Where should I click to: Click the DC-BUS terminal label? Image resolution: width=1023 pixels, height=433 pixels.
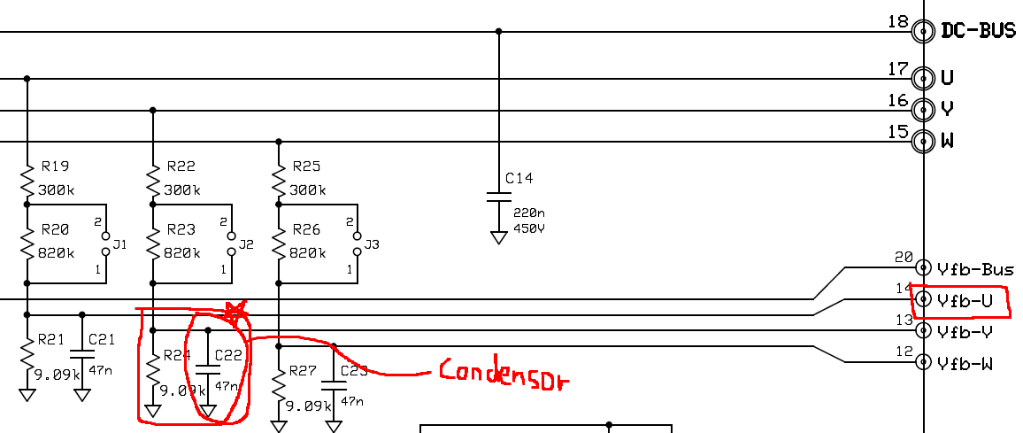coord(978,30)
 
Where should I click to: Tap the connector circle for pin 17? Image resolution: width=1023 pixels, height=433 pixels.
coord(924,78)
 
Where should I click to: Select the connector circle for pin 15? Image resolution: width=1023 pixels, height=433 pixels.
coord(924,141)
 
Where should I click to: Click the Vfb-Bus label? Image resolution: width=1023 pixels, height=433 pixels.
coord(975,268)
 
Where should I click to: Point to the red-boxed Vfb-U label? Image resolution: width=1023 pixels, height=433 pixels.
coord(965,300)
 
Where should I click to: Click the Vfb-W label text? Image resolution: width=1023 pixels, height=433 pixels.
coord(964,363)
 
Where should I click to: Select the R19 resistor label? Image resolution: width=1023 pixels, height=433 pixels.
coord(55,166)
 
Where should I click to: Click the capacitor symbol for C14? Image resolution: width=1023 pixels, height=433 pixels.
coord(498,197)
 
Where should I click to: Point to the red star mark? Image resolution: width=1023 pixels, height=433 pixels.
coord(234,311)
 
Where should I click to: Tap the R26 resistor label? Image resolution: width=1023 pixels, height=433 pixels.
coord(306,229)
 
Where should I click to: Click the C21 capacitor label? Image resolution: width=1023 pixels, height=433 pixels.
coord(102,339)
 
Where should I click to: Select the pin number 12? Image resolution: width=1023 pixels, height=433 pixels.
coord(903,352)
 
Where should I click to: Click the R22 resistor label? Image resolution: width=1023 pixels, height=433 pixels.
coord(181,166)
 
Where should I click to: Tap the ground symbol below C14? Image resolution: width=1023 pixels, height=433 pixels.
coord(498,237)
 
